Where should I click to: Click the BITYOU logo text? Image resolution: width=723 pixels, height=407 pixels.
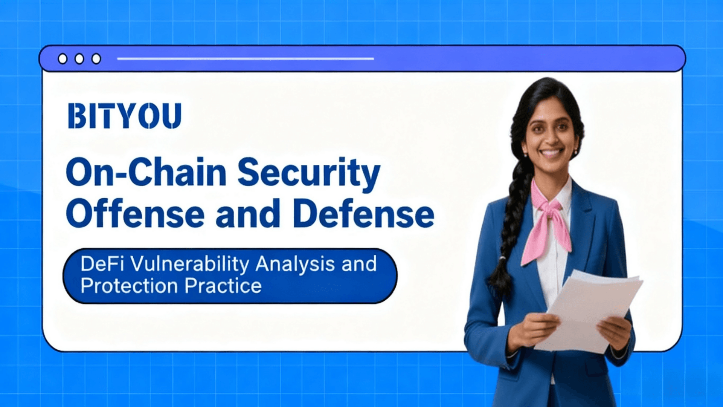click(125, 116)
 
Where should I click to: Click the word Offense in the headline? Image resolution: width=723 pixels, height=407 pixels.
click(135, 214)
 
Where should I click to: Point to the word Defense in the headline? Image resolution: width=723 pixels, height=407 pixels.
click(363, 214)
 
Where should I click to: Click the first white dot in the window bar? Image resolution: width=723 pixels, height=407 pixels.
click(63, 59)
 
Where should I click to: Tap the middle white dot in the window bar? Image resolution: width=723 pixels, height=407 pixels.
click(79, 59)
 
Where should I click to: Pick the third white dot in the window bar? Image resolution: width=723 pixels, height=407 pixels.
click(96, 59)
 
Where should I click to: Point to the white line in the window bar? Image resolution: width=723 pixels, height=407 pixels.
click(246, 59)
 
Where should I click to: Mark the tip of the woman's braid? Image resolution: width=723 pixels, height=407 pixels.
click(498, 292)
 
